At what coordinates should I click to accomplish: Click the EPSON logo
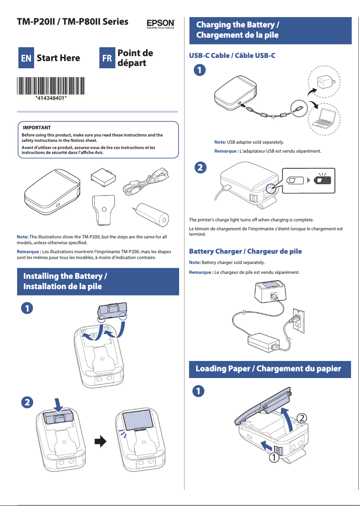[161, 23]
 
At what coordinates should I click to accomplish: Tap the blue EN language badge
[26, 58]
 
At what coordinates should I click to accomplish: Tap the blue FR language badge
[107, 58]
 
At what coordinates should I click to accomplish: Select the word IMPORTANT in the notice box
[37, 128]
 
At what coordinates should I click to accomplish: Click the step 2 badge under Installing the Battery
[28, 402]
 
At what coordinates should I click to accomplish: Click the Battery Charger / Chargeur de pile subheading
[246, 251]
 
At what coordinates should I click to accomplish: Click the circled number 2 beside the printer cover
[303, 418]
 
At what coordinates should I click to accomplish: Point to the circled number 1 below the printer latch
[273, 459]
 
